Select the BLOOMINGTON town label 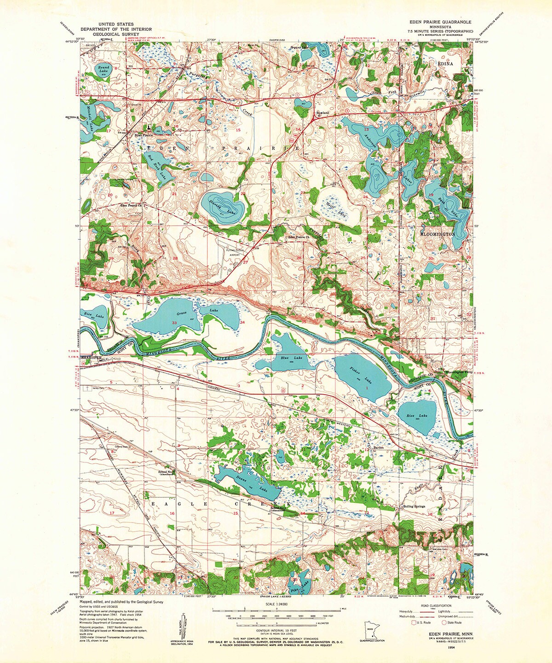(438, 234)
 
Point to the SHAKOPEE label (90, 357)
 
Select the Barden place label (378, 447)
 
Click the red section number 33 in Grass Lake (174, 323)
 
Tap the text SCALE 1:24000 (276, 604)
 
